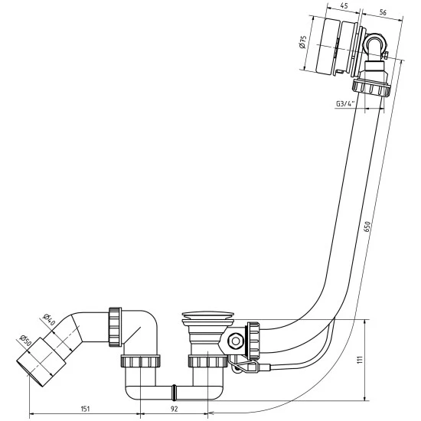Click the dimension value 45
click(x=344, y=6)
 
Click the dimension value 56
click(x=383, y=12)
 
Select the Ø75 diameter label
click(x=302, y=42)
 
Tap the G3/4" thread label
click(x=345, y=104)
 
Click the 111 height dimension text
click(x=360, y=359)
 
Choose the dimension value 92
click(x=175, y=409)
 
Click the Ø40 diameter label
click(x=49, y=319)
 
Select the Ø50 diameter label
click(x=26, y=340)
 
